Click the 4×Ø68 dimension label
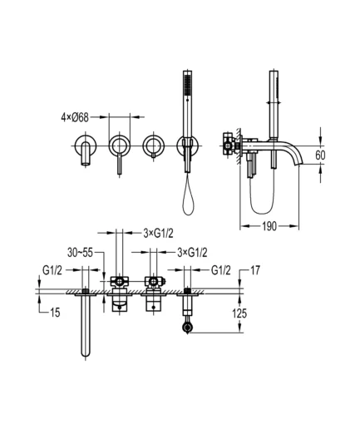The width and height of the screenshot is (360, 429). pos(75,117)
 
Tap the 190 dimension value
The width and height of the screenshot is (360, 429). pos(269,226)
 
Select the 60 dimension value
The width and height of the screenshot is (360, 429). pos(320,155)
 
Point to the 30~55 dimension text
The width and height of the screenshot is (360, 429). pos(80,253)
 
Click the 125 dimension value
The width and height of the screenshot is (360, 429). pos(239,313)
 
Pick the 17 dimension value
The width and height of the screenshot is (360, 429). pos(255,270)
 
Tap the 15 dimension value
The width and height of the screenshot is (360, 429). pos(55,313)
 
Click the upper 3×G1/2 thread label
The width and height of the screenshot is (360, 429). pos(158,234)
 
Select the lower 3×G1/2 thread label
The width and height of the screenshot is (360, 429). pos(192,253)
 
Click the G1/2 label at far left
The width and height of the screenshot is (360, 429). pos(52,270)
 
